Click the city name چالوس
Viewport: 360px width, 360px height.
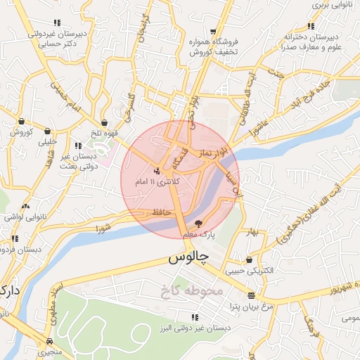(x=188, y=259)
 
